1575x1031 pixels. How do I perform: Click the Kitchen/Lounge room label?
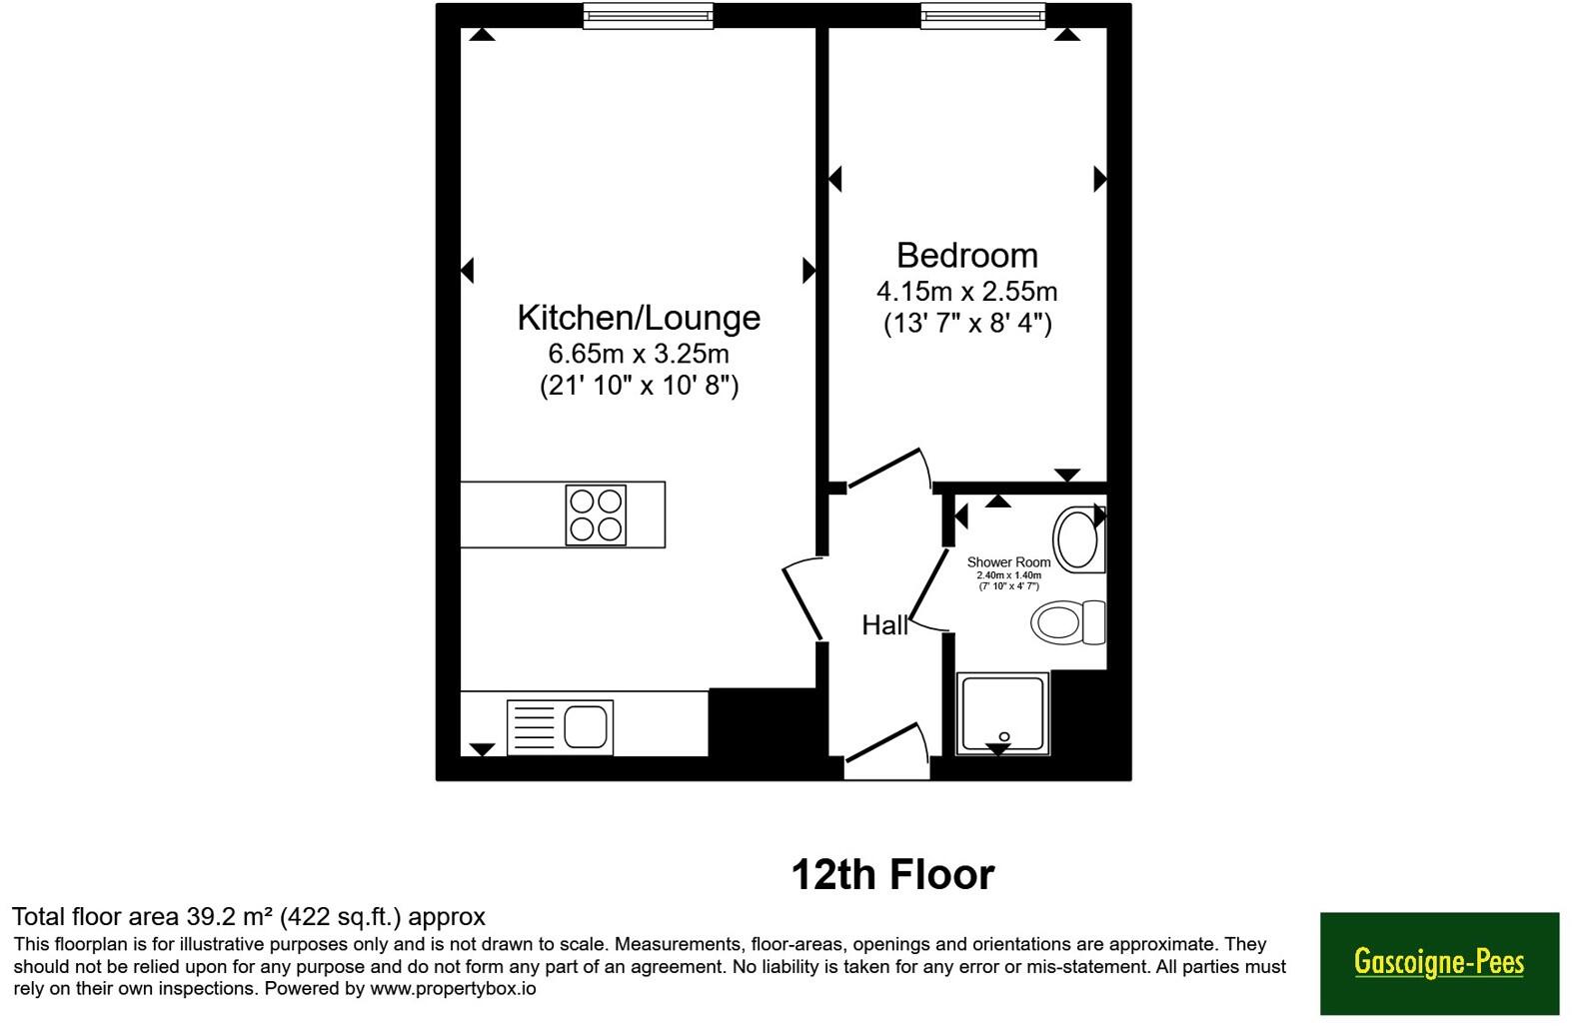click(639, 318)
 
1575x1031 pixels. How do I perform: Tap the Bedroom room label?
click(966, 255)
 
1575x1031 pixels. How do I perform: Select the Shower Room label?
click(1008, 562)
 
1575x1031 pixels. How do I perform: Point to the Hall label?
click(884, 624)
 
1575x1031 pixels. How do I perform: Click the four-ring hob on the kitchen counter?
click(596, 515)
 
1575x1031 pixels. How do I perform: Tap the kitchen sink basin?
click(585, 726)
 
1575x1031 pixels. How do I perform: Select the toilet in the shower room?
click(1067, 622)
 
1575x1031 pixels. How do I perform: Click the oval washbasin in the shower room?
click(1077, 539)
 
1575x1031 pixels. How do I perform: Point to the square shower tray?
click(1002, 713)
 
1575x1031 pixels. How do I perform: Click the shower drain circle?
click(1004, 736)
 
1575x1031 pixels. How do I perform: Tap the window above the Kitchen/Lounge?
click(649, 15)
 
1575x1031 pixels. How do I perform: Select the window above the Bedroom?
click(983, 15)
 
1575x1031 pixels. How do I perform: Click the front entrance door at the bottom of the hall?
click(888, 746)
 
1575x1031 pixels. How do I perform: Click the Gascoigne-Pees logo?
click(1439, 963)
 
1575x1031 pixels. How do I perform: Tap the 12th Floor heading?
click(892, 874)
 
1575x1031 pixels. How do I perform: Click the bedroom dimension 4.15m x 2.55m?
click(966, 291)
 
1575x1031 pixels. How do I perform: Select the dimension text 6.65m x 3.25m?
click(639, 353)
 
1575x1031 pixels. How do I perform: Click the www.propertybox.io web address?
click(453, 989)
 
